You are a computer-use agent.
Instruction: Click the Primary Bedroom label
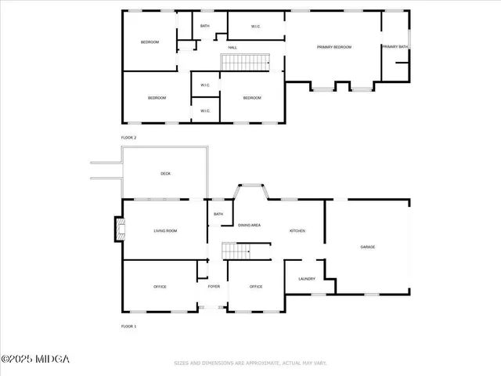point(333,47)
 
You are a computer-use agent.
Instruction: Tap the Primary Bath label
point(395,47)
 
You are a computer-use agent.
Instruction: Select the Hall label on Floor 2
point(232,48)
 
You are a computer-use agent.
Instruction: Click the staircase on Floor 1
point(236,251)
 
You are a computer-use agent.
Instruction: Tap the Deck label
point(165,173)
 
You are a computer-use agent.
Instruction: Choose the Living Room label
point(165,230)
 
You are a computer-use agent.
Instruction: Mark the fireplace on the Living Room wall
point(119,230)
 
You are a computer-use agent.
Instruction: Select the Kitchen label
point(297,230)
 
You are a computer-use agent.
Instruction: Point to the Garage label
point(367,247)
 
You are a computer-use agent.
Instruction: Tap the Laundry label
point(306,279)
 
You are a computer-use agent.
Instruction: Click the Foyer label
point(213,287)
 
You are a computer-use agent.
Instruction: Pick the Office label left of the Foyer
point(160,287)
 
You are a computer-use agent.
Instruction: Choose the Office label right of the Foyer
point(255,287)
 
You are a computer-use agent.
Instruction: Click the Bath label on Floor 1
point(218,214)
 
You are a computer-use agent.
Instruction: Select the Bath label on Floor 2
point(204,26)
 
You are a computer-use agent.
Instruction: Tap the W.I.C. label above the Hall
point(256,27)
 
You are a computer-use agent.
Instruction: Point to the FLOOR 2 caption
point(128,137)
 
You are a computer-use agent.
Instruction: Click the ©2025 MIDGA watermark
point(35,359)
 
